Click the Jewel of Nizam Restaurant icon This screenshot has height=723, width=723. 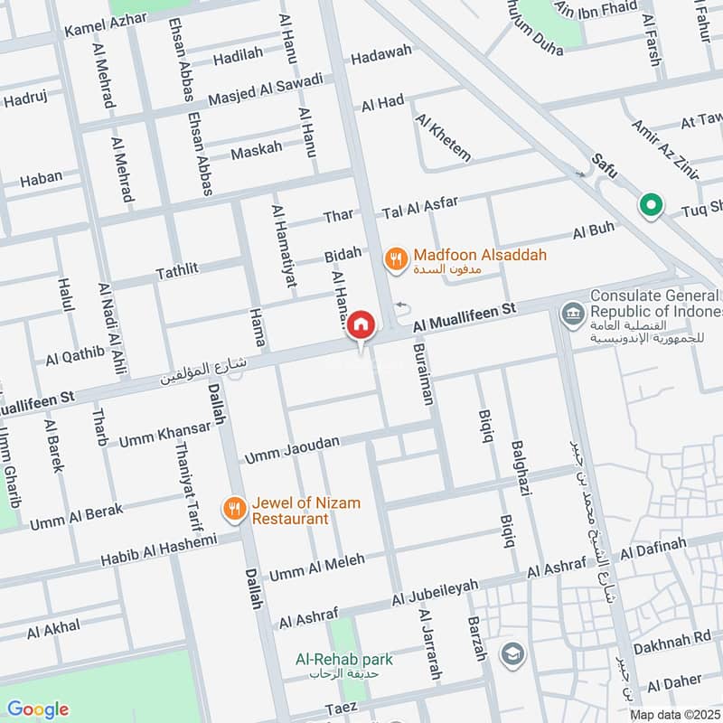(234, 510)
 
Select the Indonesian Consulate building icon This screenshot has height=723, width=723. (571, 315)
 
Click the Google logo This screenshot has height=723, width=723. (37, 709)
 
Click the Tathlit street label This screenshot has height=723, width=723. (176, 269)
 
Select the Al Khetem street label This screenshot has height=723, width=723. (444, 137)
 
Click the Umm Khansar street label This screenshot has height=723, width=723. (159, 432)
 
